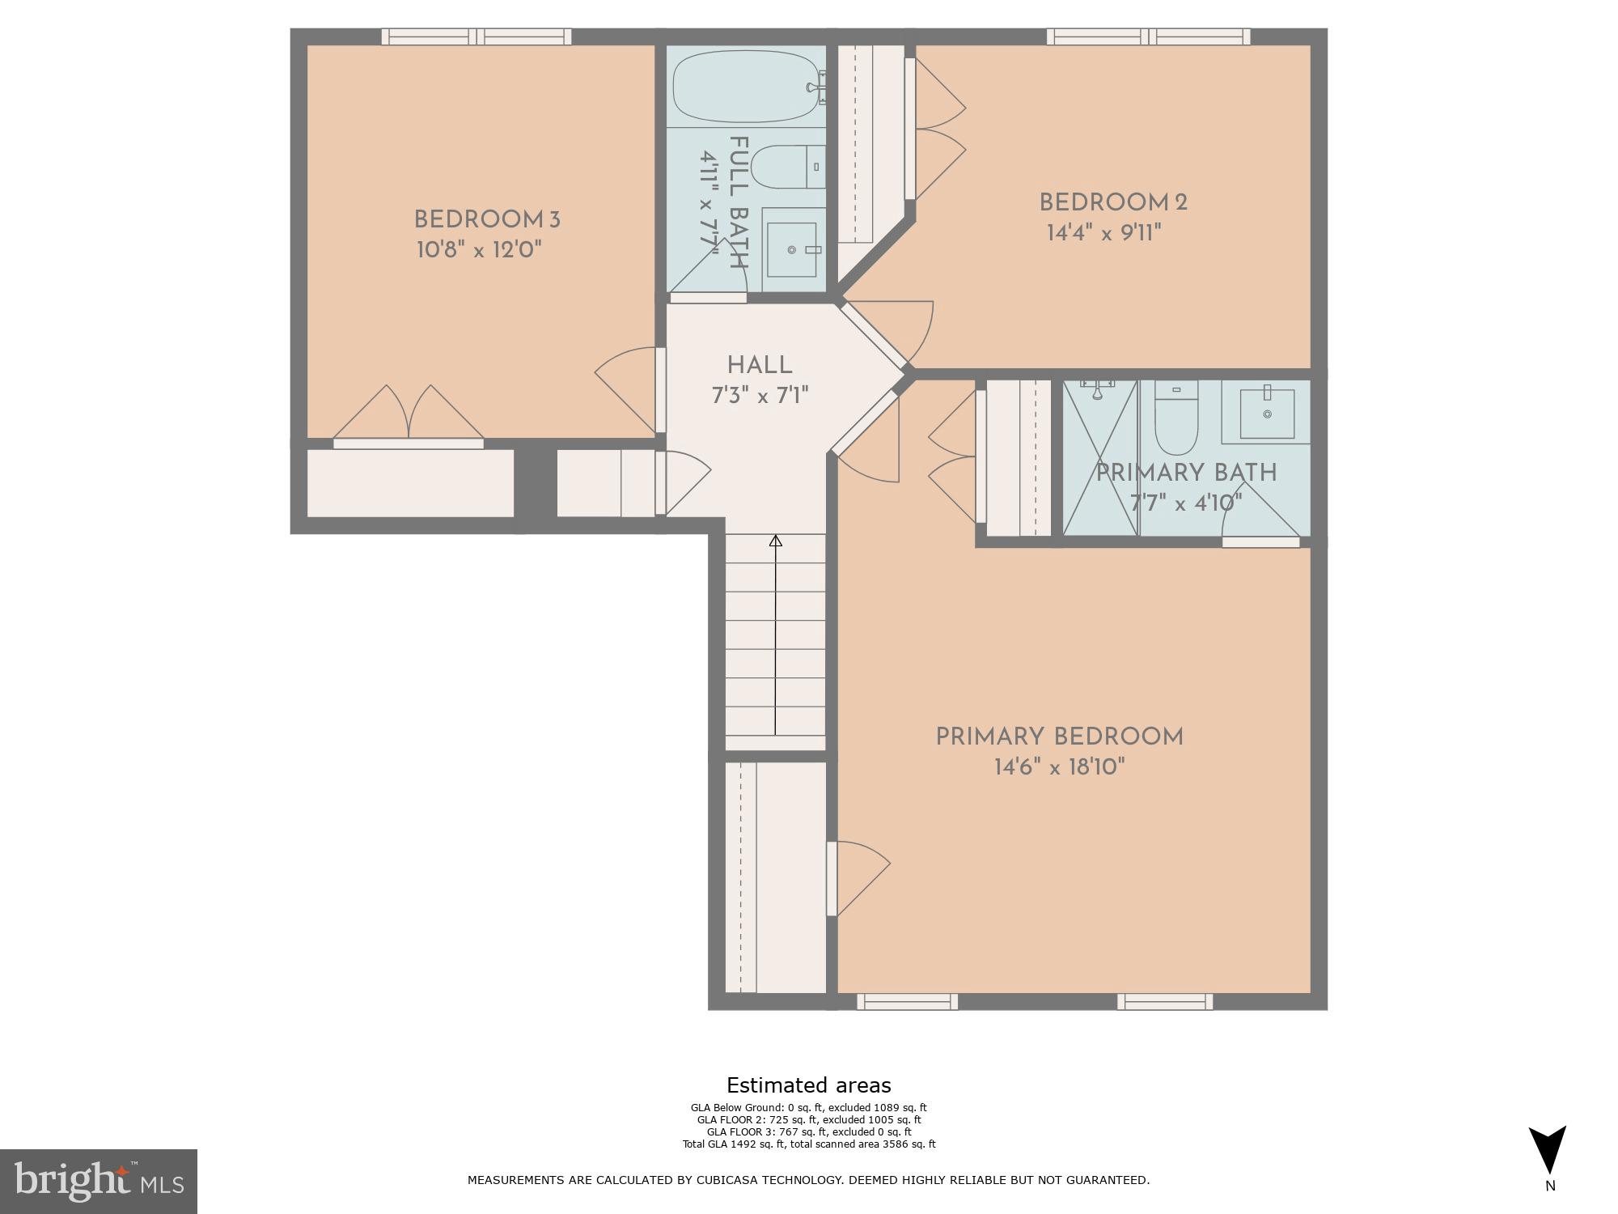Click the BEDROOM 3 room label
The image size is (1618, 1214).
pos(486,219)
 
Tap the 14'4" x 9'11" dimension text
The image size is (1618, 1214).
pos(1103,233)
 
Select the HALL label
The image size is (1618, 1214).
pos(759,365)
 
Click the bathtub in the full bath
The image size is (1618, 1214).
pos(745,87)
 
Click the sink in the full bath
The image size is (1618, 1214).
pos(791,249)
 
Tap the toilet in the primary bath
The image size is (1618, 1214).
pos(1175,419)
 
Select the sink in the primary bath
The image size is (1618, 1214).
pos(1267,414)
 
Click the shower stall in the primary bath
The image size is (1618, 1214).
pos(1099,457)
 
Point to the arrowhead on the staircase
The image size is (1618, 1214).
pos(775,541)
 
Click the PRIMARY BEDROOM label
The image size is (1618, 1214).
pos(1059,736)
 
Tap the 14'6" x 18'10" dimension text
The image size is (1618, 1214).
pos(1059,766)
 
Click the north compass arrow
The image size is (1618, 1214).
pos(1547,1149)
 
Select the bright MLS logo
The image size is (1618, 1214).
pos(98,1182)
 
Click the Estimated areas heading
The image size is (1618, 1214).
pos(808,1085)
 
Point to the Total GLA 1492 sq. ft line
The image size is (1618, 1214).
pos(808,1144)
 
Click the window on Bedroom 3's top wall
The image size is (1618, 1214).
pos(476,36)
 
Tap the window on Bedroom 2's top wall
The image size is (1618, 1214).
pos(1148,36)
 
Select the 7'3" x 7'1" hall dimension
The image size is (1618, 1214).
pos(759,396)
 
